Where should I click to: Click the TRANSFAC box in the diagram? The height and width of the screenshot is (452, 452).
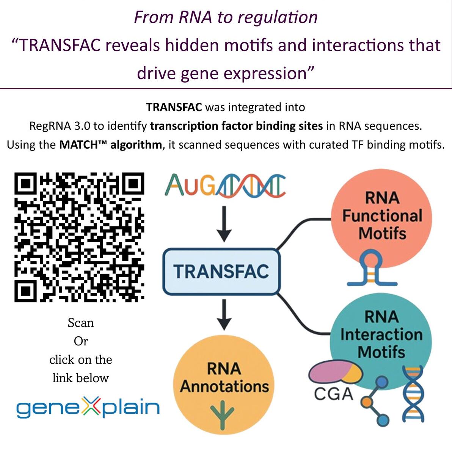click(221, 271)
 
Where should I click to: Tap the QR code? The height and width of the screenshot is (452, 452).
click(79, 237)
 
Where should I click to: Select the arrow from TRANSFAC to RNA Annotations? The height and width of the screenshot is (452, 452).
click(224, 315)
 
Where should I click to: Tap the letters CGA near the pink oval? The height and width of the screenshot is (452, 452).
click(333, 394)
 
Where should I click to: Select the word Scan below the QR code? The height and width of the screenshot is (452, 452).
click(81, 323)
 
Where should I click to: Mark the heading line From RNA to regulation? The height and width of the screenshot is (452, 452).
click(226, 17)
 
